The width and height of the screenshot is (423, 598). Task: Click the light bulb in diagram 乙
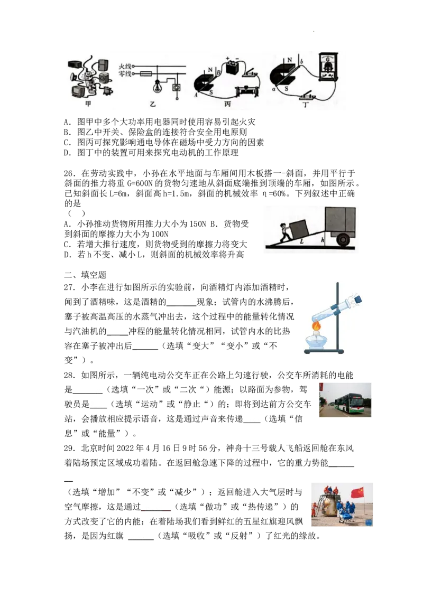[156, 87]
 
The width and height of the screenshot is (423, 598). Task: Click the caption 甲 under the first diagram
[89, 104]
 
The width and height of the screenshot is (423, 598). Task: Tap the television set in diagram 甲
[81, 91]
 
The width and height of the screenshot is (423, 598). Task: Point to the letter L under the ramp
[301, 241]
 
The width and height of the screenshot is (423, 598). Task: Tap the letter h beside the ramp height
[323, 239]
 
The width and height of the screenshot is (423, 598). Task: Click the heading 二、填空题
[85, 275]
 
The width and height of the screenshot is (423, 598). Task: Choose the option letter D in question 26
[67, 255]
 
